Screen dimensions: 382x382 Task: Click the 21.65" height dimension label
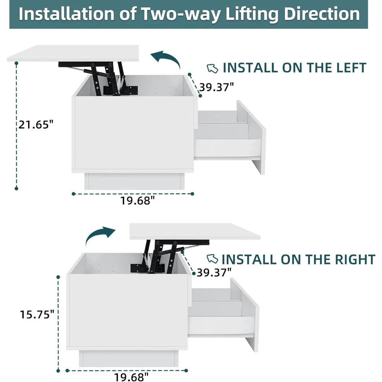[x=36, y=125]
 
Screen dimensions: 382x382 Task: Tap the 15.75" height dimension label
[x=37, y=314]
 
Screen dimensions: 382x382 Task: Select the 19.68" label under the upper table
[x=138, y=201]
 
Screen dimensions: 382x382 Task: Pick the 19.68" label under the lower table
[x=131, y=377]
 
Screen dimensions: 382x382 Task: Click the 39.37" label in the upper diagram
[x=217, y=87]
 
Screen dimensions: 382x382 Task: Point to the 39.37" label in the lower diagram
[x=214, y=272]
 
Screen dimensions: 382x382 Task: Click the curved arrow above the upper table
[x=166, y=58]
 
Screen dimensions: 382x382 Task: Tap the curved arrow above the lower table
[x=100, y=235]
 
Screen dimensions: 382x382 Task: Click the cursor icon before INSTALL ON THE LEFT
[x=212, y=68]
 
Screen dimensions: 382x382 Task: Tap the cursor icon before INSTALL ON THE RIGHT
[x=212, y=259]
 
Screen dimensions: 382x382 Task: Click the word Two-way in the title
[x=182, y=14]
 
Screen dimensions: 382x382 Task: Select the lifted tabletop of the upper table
[x=73, y=53]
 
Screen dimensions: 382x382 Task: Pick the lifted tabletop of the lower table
[x=195, y=231]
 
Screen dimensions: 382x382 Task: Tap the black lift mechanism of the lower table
[x=170, y=256]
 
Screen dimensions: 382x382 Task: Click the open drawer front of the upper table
[x=251, y=137]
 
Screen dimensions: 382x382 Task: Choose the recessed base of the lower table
[x=129, y=358]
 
